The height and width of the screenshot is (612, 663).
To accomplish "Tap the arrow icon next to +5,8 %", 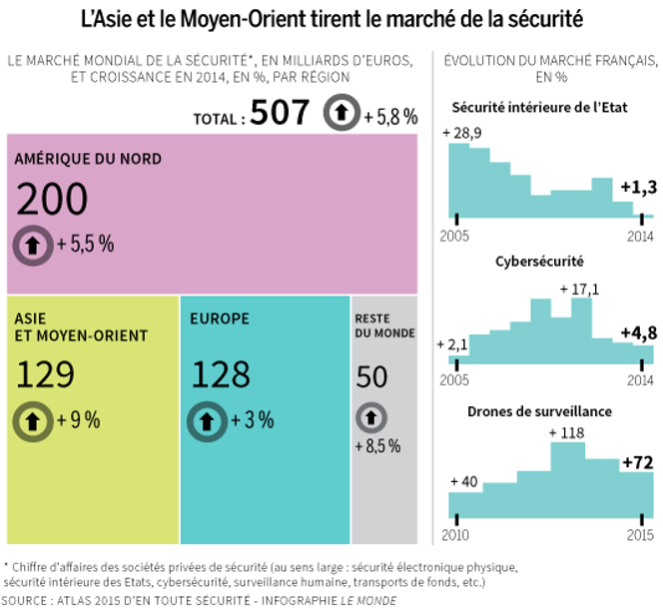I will coord(341,115).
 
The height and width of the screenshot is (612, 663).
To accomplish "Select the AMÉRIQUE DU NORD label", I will coord(88,159).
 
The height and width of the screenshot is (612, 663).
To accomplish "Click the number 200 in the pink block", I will coord(52,201).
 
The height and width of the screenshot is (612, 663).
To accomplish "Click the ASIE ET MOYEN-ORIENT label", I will coord(80,326).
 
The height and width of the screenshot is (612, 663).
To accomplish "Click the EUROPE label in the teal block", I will coord(219,318).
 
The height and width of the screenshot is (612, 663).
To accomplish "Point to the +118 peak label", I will coord(566,432).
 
